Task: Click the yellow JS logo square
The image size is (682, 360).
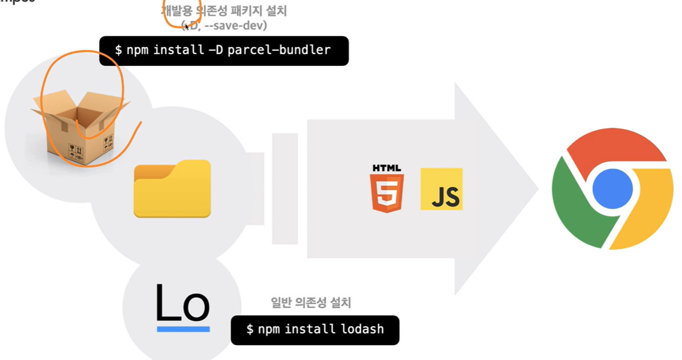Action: [x=441, y=189]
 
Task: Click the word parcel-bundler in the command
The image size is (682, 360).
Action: [x=279, y=50]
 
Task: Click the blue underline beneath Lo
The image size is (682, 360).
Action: [x=183, y=329]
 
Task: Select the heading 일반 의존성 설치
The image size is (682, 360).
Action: [x=311, y=303]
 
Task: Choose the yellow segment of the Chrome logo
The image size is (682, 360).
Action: [x=650, y=211]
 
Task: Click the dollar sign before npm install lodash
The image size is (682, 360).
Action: [x=250, y=330]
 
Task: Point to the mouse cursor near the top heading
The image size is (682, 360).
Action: [x=187, y=26]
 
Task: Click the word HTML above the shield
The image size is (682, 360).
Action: [x=387, y=168]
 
